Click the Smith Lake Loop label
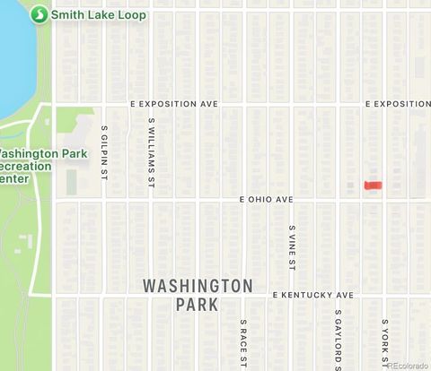[99, 15]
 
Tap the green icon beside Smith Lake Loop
[40, 15]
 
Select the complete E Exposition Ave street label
[174, 104]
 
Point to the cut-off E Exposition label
[398, 104]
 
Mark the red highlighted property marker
[373, 185]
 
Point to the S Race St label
[243, 342]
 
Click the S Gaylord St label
[339, 340]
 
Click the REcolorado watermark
[408, 365]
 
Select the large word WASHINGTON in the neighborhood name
[198, 286]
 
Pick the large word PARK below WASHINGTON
[198, 306]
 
